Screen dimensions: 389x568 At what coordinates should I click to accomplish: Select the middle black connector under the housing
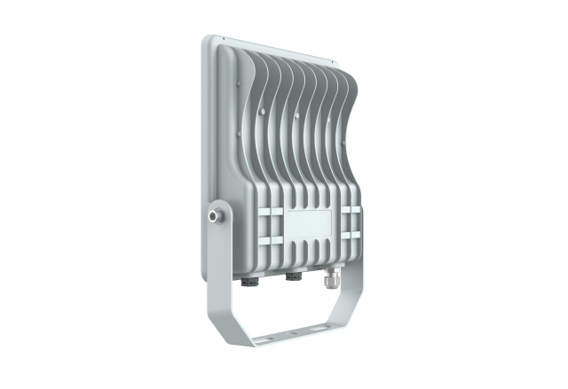[x=292, y=276]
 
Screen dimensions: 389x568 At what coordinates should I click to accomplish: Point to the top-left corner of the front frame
[x=207, y=40]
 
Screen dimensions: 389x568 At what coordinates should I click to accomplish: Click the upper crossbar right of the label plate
[x=350, y=210]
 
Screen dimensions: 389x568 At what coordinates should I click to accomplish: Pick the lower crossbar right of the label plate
[x=350, y=235]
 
